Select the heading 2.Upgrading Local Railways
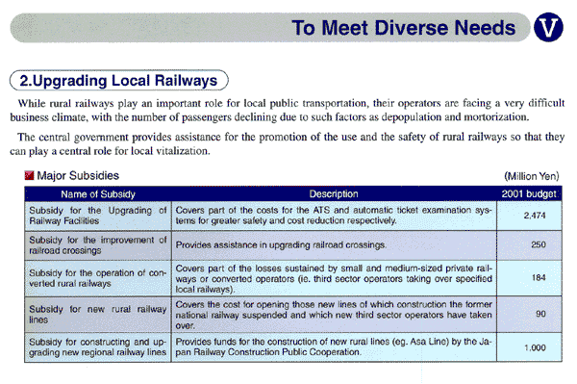point(119,79)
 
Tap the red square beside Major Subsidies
point(29,176)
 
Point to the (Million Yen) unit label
point(531,177)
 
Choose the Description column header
point(334,193)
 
